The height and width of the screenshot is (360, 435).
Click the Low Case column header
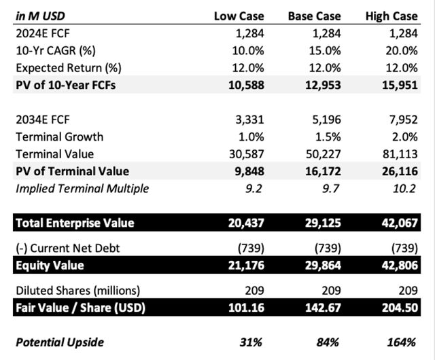(x=239, y=16)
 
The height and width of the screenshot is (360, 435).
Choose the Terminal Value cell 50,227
(x=322, y=154)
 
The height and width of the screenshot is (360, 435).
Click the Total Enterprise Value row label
(x=75, y=222)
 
